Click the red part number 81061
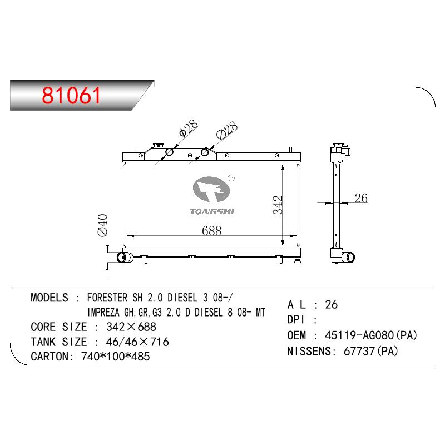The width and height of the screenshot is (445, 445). coord(71,95)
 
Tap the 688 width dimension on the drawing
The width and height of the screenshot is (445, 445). coord(212,231)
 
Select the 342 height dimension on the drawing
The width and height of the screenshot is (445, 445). coord(278,205)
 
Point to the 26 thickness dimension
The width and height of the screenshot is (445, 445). coord(361,198)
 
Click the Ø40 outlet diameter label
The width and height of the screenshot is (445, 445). coord(102,225)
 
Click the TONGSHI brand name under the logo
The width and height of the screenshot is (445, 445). coord(212,211)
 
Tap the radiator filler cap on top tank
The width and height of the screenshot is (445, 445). coord(159,145)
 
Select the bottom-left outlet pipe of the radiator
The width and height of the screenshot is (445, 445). coord(125,257)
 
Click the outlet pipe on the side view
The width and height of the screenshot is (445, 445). coord(348,258)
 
